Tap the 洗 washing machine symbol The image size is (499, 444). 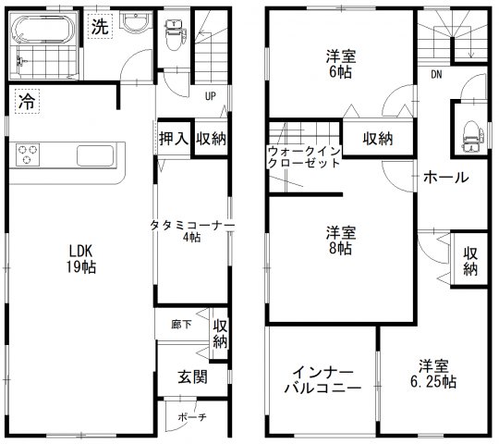click(99, 28)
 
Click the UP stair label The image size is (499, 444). click(210, 95)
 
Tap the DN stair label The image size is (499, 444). click(435, 75)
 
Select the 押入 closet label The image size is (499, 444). click(174, 138)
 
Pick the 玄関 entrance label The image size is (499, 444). click(192, 376)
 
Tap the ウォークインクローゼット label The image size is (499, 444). click(302, 155)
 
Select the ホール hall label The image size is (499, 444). click(445, 178)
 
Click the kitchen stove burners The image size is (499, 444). click(25, 154)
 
